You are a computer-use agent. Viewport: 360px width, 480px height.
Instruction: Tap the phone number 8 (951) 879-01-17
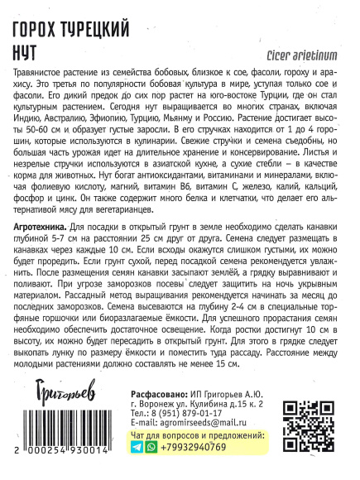point(191,412)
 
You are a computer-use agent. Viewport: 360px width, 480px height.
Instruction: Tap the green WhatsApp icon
point(151,448)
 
